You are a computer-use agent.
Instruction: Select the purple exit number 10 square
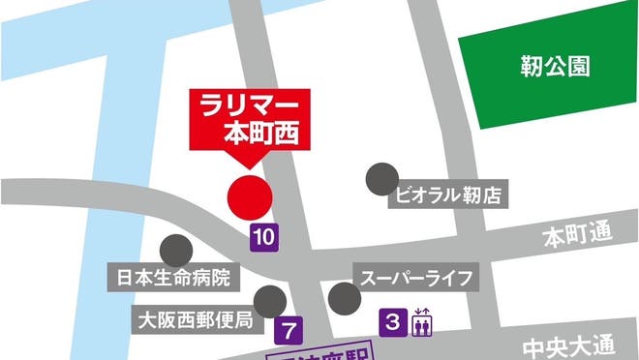point(265,234)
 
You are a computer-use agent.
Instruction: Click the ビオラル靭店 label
point(448,195)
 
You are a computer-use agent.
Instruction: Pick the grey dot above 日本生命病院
point(175,251)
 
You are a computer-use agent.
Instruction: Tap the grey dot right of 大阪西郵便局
point(269,301)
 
